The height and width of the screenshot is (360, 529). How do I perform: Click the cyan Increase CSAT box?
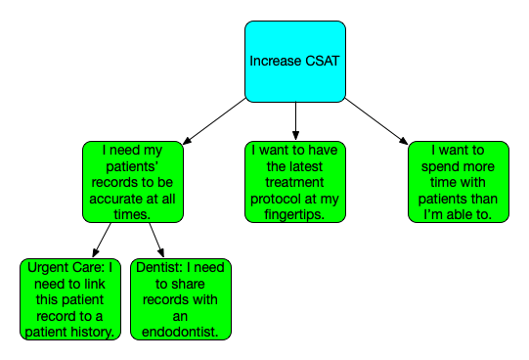[x=294, y=61]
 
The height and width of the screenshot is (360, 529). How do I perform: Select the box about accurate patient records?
[x=131, y=181]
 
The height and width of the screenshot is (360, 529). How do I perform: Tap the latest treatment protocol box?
[x=294, y=181]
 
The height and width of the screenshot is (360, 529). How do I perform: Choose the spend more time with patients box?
[x=458, y=181]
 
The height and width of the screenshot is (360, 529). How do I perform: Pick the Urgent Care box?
[x=68, y=298]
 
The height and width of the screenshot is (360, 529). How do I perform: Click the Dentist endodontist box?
[x=180, y=298]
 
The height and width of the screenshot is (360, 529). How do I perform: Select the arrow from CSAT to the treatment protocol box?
[x=294, y=120]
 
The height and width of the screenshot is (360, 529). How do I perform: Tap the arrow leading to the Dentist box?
[x=156, y=240]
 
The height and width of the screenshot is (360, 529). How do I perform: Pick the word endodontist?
[x=181, y=332]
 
